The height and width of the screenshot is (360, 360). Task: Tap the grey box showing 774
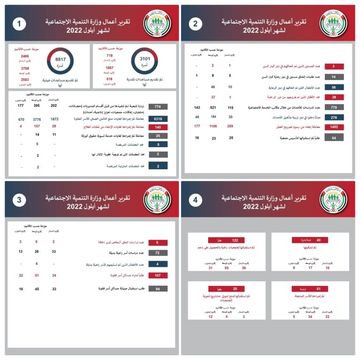coord(157,107)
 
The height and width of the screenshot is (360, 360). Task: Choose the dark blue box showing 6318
coord(157,120)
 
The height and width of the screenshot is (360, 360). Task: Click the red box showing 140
coord(157,127)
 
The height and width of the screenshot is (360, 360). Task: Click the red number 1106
coord(212,127)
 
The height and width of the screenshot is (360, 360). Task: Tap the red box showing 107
coord(157,276)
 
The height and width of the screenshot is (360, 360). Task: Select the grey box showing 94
coord(157,289)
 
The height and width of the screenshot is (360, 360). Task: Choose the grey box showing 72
coord(157,253)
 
